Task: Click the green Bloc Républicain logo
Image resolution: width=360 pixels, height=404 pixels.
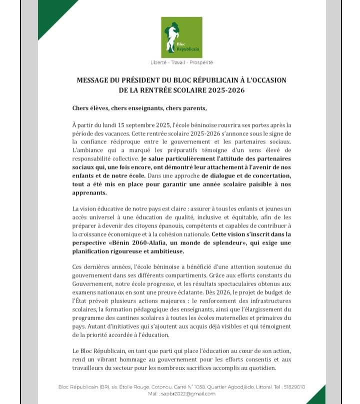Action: (x=181, y=37)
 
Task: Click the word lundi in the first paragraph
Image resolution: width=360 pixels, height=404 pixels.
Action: (x=109, y=124)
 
